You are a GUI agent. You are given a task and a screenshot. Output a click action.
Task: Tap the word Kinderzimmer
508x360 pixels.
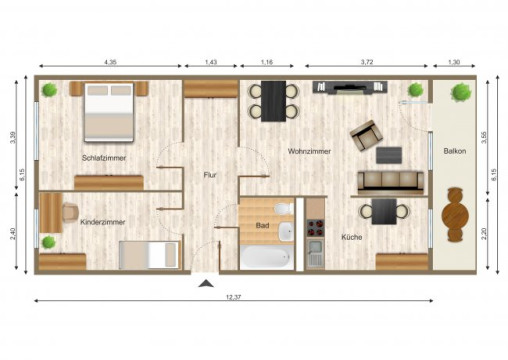click(x=102, y=222)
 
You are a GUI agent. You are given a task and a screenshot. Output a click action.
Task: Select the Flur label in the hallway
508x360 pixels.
click(x=210, y=174)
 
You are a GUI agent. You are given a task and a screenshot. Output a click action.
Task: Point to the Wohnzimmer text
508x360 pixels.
click(x=309, y=152)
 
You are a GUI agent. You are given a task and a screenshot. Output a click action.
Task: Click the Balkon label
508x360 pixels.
click(x=455, y=152)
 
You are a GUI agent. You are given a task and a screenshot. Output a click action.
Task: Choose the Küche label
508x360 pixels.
click(x=351, y=238)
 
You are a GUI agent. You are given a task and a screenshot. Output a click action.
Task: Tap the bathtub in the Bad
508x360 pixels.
click(x=267, y=257)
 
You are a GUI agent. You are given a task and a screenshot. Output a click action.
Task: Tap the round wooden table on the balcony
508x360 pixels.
click(x=456, y=215)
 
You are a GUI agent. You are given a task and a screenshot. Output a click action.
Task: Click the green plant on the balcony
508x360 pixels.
click(x=460, y=93)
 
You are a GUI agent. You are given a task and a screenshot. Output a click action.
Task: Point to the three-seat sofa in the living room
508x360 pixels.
click(x=390, y=180)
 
